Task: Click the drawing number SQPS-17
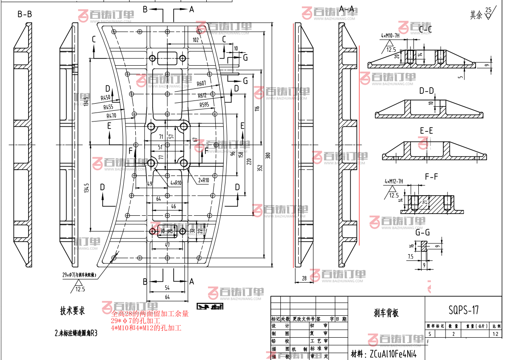(x=463, y=309)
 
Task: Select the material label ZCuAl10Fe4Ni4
(x=391, y=354)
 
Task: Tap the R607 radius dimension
(x=201, y=84)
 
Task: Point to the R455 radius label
(x=108, y=107)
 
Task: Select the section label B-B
(x=25, y=14)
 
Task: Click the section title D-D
(x=426, y=91)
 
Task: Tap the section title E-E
(x=426, y=131)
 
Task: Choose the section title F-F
(x=431, y=176)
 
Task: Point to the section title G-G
(x=422, y=232)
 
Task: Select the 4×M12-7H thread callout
(x=394, y=181)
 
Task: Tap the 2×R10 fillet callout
(x=203, y=180)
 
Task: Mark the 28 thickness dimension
(x=305, y=278)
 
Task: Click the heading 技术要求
(x=72, y=310)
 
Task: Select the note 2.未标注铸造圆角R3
(x=75, y=333)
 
